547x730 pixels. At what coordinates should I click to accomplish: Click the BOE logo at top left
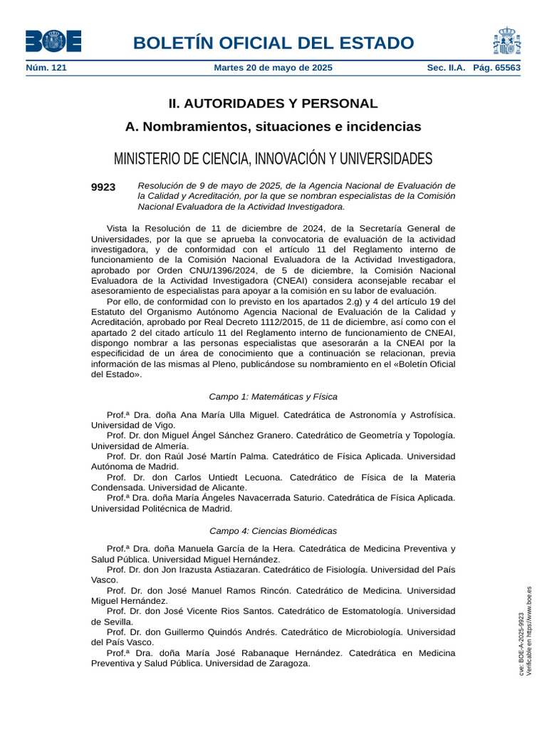53,41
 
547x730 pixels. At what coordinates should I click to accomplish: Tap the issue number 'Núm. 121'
46,68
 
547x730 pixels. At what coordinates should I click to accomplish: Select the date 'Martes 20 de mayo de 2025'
273,68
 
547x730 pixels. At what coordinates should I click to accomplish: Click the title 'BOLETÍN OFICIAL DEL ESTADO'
273,43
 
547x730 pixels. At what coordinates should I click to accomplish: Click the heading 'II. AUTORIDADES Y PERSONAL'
273,103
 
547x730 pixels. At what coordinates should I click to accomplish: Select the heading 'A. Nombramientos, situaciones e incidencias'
273,127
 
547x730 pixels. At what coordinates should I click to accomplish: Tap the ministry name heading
273,158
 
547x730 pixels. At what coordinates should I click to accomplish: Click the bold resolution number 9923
103,187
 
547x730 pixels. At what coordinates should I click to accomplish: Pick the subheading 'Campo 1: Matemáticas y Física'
273,396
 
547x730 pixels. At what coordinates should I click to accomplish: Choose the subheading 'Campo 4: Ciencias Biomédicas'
273,531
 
